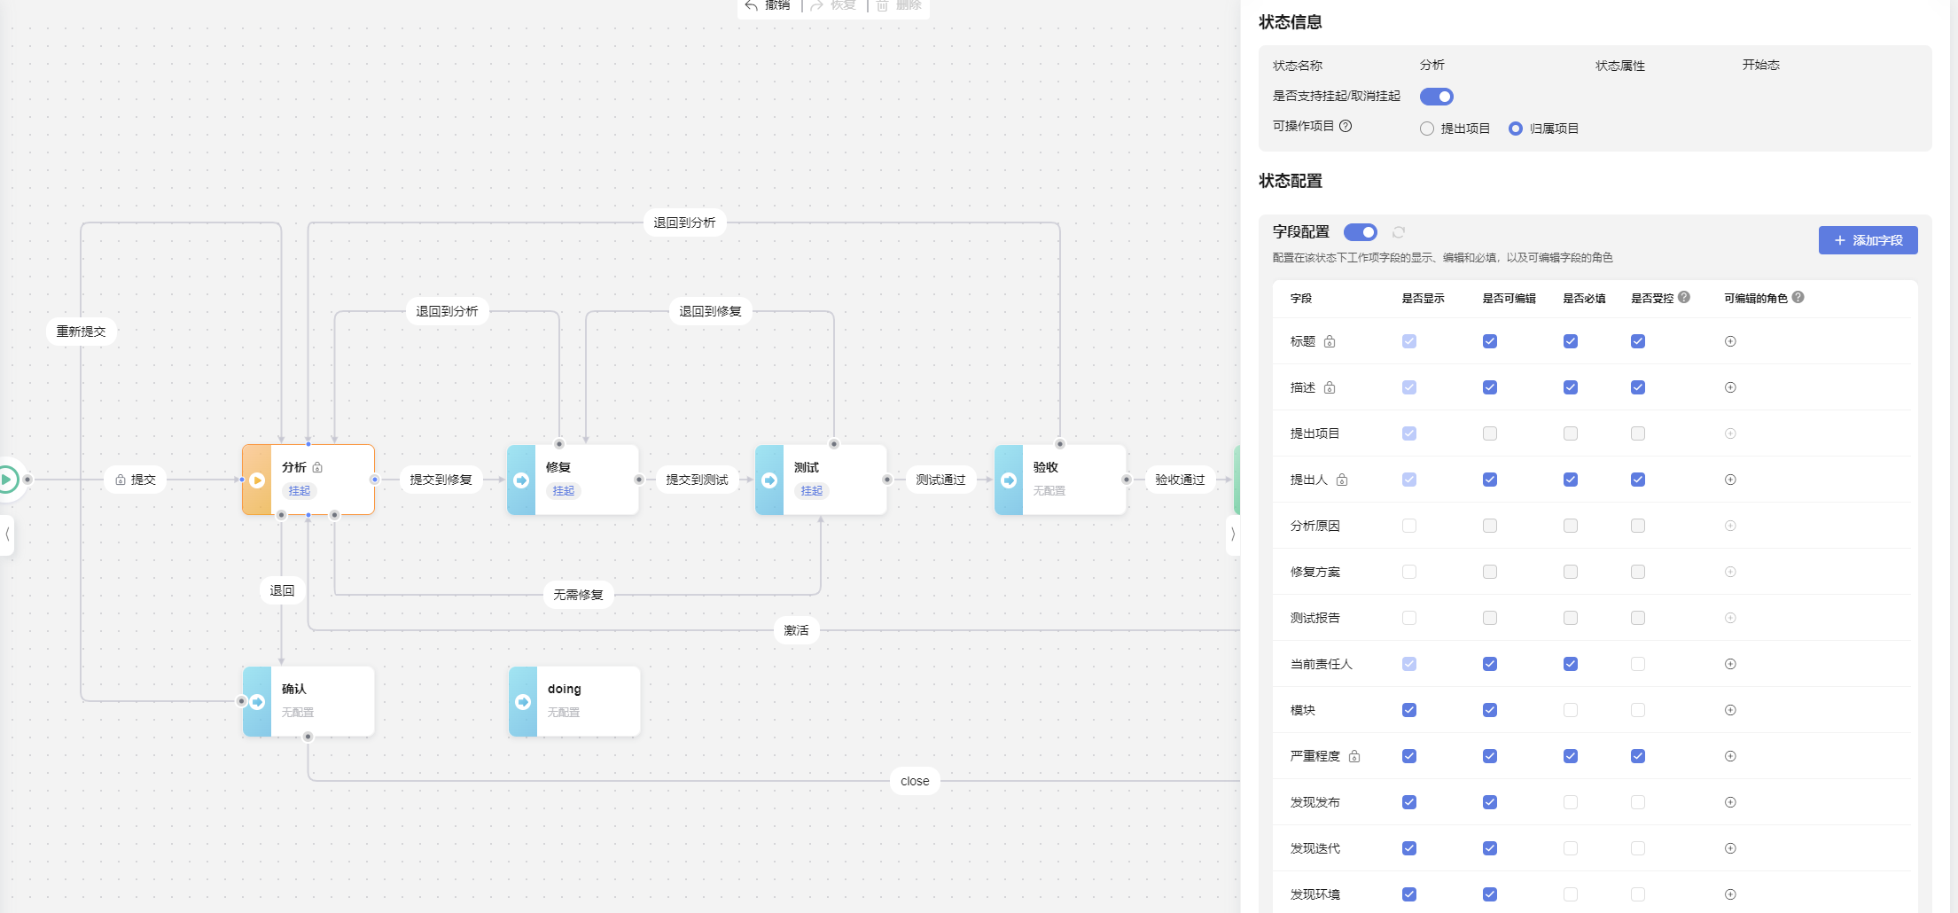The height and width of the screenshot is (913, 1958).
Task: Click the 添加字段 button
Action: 1868,240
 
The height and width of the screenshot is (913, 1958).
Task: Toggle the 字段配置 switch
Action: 1360,232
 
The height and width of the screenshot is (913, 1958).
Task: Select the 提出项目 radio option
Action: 1427,129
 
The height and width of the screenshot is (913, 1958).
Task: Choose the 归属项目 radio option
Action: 1516,129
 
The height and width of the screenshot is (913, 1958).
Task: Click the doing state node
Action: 574,700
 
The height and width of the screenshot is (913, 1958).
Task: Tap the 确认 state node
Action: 308,700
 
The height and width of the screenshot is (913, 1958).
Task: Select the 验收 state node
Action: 1060,479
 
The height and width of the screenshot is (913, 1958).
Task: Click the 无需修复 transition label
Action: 578,595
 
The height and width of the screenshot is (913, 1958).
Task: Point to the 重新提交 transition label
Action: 82,332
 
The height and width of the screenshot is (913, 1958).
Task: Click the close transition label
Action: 915,781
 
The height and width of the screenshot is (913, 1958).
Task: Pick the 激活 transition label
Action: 796,630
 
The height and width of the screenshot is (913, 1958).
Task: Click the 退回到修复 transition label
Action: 710,311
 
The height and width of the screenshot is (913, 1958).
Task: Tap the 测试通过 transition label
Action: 940,480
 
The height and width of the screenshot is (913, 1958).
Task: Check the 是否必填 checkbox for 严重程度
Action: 1571,756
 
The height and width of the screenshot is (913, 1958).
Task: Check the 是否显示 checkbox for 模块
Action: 1409,710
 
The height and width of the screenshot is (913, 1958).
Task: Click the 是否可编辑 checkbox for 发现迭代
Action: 1490,848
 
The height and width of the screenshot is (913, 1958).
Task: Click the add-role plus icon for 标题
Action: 1730,341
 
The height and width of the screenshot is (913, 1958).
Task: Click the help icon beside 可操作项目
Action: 1346,126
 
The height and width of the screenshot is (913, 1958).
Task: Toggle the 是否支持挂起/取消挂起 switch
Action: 1436,97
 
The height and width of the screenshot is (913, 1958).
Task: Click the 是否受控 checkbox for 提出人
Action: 1638,480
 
